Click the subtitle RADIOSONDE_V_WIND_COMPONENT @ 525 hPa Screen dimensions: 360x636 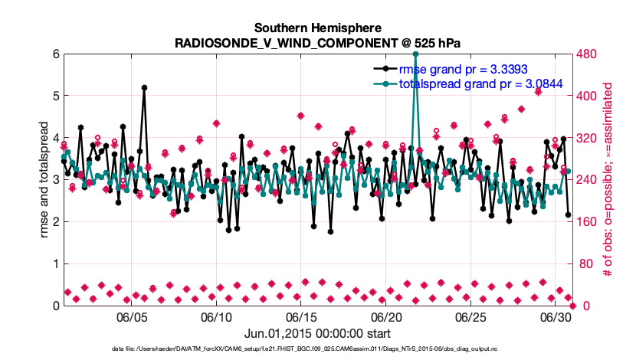pos(317,42)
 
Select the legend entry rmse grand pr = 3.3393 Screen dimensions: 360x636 pos(457,68)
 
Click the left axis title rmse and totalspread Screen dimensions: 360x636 pos(24,180)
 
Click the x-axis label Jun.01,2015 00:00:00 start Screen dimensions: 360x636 pos(317,333)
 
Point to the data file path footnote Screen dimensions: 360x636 pos(317,349)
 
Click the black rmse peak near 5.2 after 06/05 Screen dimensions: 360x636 pos(144,88)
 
